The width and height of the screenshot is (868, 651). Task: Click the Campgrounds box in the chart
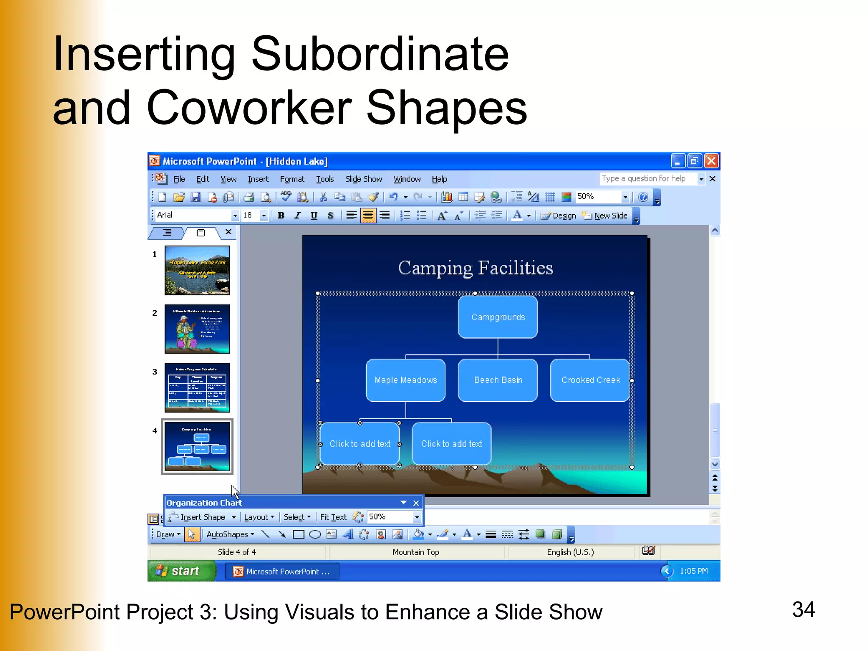click(498, 317)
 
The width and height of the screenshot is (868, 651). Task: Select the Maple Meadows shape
click(406, 380)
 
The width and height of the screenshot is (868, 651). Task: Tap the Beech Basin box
click(498, 380)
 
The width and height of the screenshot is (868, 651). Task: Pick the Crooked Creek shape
click(590, 380)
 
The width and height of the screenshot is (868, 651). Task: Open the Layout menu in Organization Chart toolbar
click(259, 517)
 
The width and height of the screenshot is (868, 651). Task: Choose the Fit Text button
click(333, 517)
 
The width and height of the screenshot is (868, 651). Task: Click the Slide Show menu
click(363, 179)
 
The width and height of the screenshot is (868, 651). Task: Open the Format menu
click(292, 179)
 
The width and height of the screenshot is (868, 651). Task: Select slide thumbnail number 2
click(197, 329)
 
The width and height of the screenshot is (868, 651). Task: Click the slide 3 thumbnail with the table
click(197, 387)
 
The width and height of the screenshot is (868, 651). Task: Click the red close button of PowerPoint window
click(711, 161)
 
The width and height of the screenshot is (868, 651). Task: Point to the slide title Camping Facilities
click(475, 268)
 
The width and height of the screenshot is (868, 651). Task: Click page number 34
click(803, 609)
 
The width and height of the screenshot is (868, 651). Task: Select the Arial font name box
click(193, 215)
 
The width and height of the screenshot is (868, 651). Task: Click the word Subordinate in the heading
click(380, 54)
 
